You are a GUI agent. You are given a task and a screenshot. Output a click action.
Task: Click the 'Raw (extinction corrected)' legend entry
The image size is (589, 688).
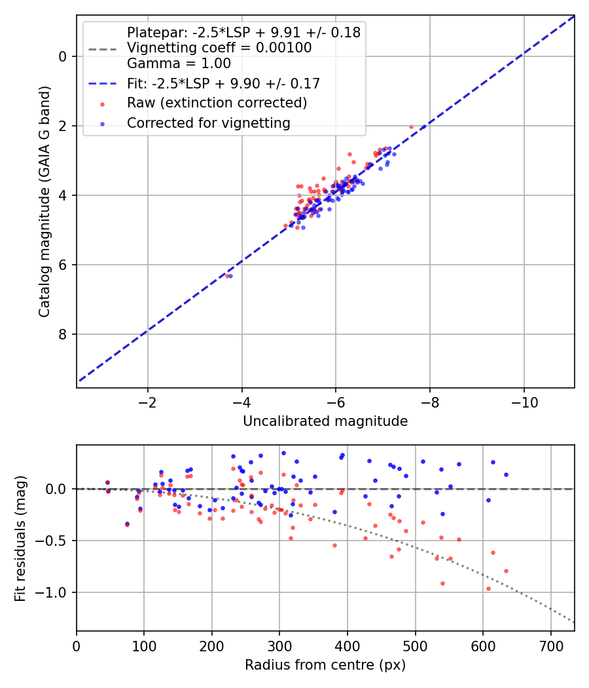click(x=217, y=103)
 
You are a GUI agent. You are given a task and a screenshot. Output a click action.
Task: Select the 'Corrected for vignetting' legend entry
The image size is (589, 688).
click(x=208, y=123)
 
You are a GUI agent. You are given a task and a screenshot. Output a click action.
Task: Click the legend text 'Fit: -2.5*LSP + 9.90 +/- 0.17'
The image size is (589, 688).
click(x=223, y=84)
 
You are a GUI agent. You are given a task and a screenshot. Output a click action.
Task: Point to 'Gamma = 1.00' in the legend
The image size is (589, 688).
click(x=179, y=64)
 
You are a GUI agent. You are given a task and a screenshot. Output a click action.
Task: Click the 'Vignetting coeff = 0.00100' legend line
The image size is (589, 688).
click(x=219, y=48)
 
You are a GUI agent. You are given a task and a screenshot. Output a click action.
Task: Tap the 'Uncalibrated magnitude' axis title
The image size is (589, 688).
click(x=325, y=421)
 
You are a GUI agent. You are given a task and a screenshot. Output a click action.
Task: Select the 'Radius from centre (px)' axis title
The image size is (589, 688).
click(x=325, y=665)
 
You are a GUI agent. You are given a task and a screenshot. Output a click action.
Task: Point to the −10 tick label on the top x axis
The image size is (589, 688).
click(x=524, y=401)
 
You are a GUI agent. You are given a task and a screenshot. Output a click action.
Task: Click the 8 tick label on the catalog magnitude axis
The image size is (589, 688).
click(x=63, y=334)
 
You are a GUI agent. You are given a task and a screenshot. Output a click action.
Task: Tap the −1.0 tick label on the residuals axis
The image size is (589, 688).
click(x=54, y=592)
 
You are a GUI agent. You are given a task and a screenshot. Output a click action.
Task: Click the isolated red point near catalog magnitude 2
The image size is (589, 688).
click(x=411, y=126)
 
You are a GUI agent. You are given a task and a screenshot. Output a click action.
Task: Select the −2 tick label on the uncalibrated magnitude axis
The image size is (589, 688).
click(x=148, y=401)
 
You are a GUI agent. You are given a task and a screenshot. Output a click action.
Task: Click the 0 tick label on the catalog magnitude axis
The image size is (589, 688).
click(x=63, y=56)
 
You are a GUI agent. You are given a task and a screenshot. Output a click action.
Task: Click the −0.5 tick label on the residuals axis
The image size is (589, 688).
click(x=54, y=541)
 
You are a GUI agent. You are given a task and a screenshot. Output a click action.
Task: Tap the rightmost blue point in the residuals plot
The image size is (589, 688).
click(x=506, y=474)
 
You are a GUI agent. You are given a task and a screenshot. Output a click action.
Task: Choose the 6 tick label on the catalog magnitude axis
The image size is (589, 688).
click(x=63, y=265)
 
